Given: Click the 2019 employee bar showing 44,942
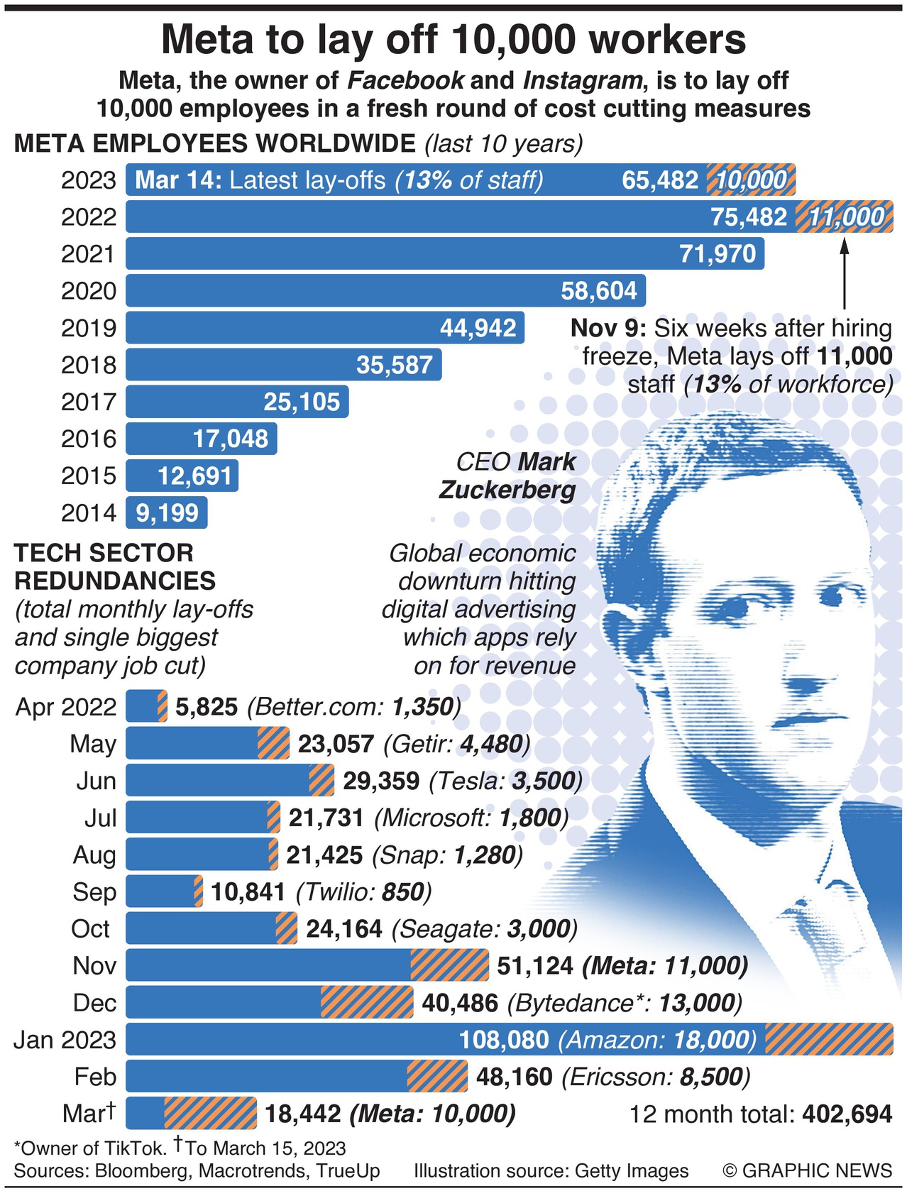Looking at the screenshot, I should (x=325, y=328).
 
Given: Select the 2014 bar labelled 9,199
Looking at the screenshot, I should (x=167, y=512).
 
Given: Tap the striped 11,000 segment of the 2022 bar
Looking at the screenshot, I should (x=845, y=216).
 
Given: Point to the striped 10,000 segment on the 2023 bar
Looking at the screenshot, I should (x=751, y=180).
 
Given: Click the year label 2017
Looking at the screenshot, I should (x=88, y=402).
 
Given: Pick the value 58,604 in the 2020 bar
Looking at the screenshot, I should (x=599, y=291).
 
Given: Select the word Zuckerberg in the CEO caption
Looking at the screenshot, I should (x=507, y=490).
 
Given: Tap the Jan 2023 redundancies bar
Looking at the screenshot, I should (x=509, y=1039).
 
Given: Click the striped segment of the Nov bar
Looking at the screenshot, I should (x=449, y=965).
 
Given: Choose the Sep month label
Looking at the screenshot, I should (x=94, y=891).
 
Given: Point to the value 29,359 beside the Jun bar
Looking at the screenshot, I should (x=381, y=781).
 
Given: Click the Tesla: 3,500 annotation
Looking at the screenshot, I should (x=505, y=781).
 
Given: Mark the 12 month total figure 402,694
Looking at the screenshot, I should (x=847, y=1114).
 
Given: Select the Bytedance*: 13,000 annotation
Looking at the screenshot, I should (x=625, y=1002).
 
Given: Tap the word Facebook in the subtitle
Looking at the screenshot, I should (x=405, y=80).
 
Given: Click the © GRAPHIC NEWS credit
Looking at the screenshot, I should (x=807, y=1170).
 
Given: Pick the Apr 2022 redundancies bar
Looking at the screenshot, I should (x=146, y=707).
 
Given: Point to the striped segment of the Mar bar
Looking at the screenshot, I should (x=210, y=1113).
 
